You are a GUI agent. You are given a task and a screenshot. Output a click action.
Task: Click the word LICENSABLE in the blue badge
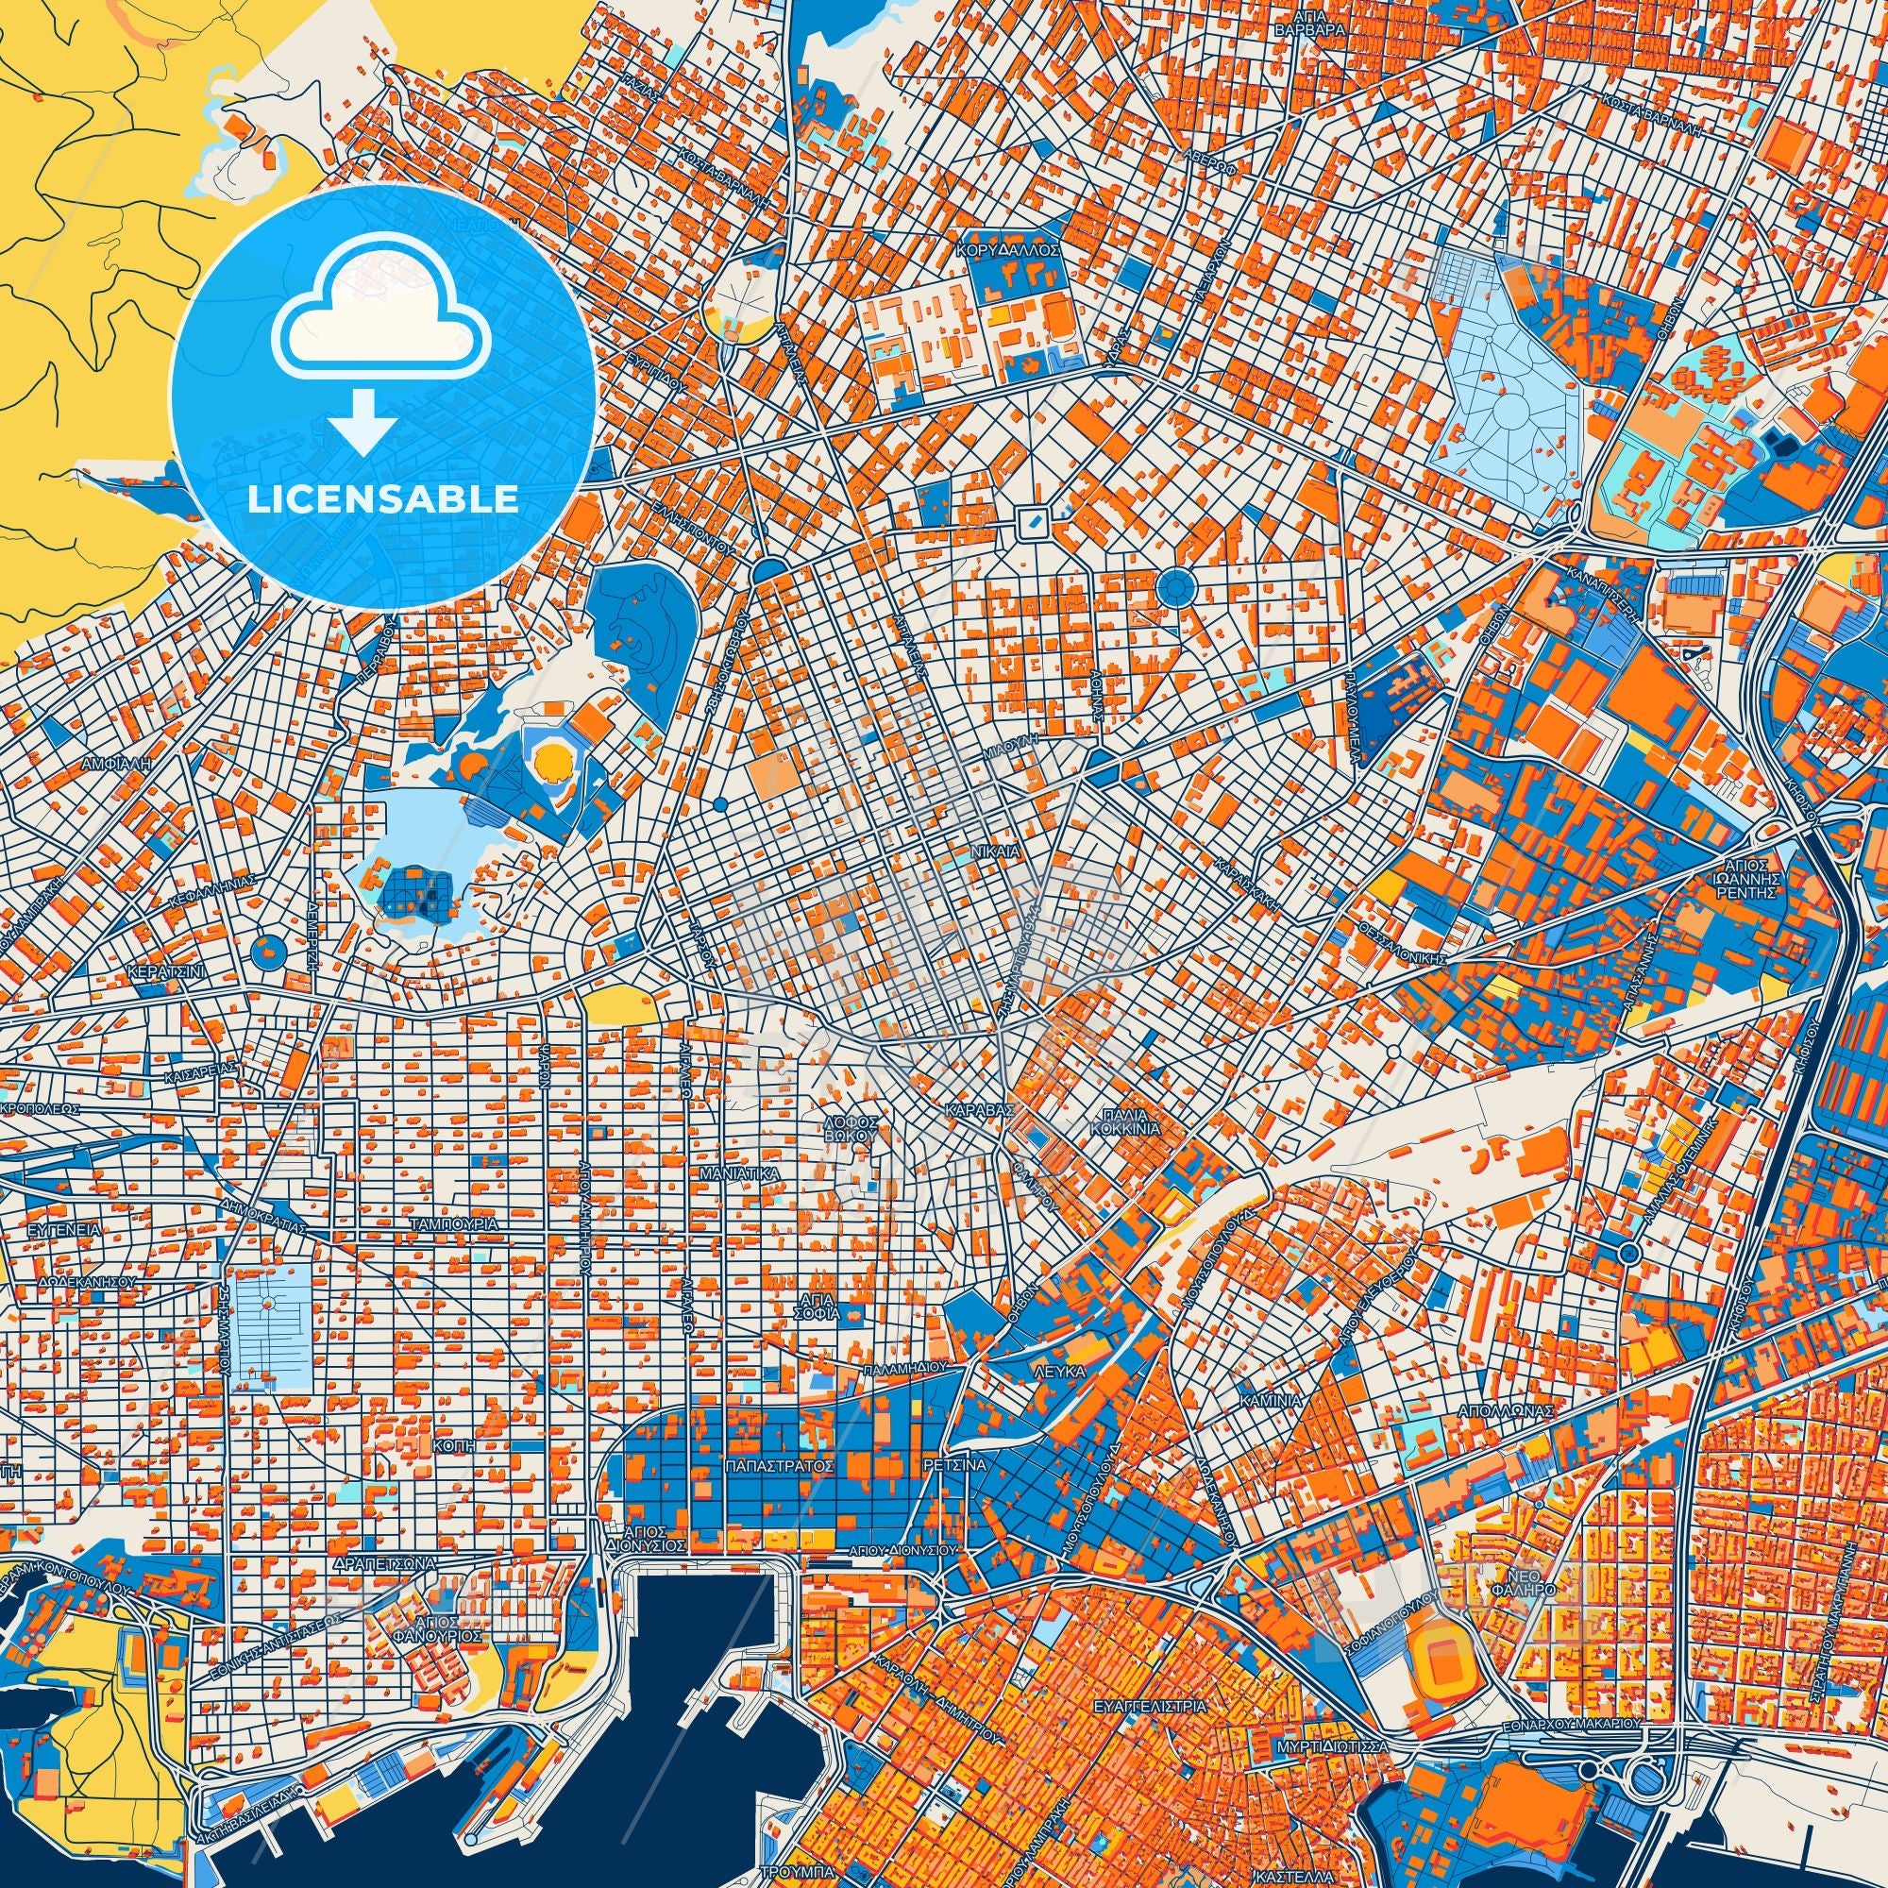(383, 498)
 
